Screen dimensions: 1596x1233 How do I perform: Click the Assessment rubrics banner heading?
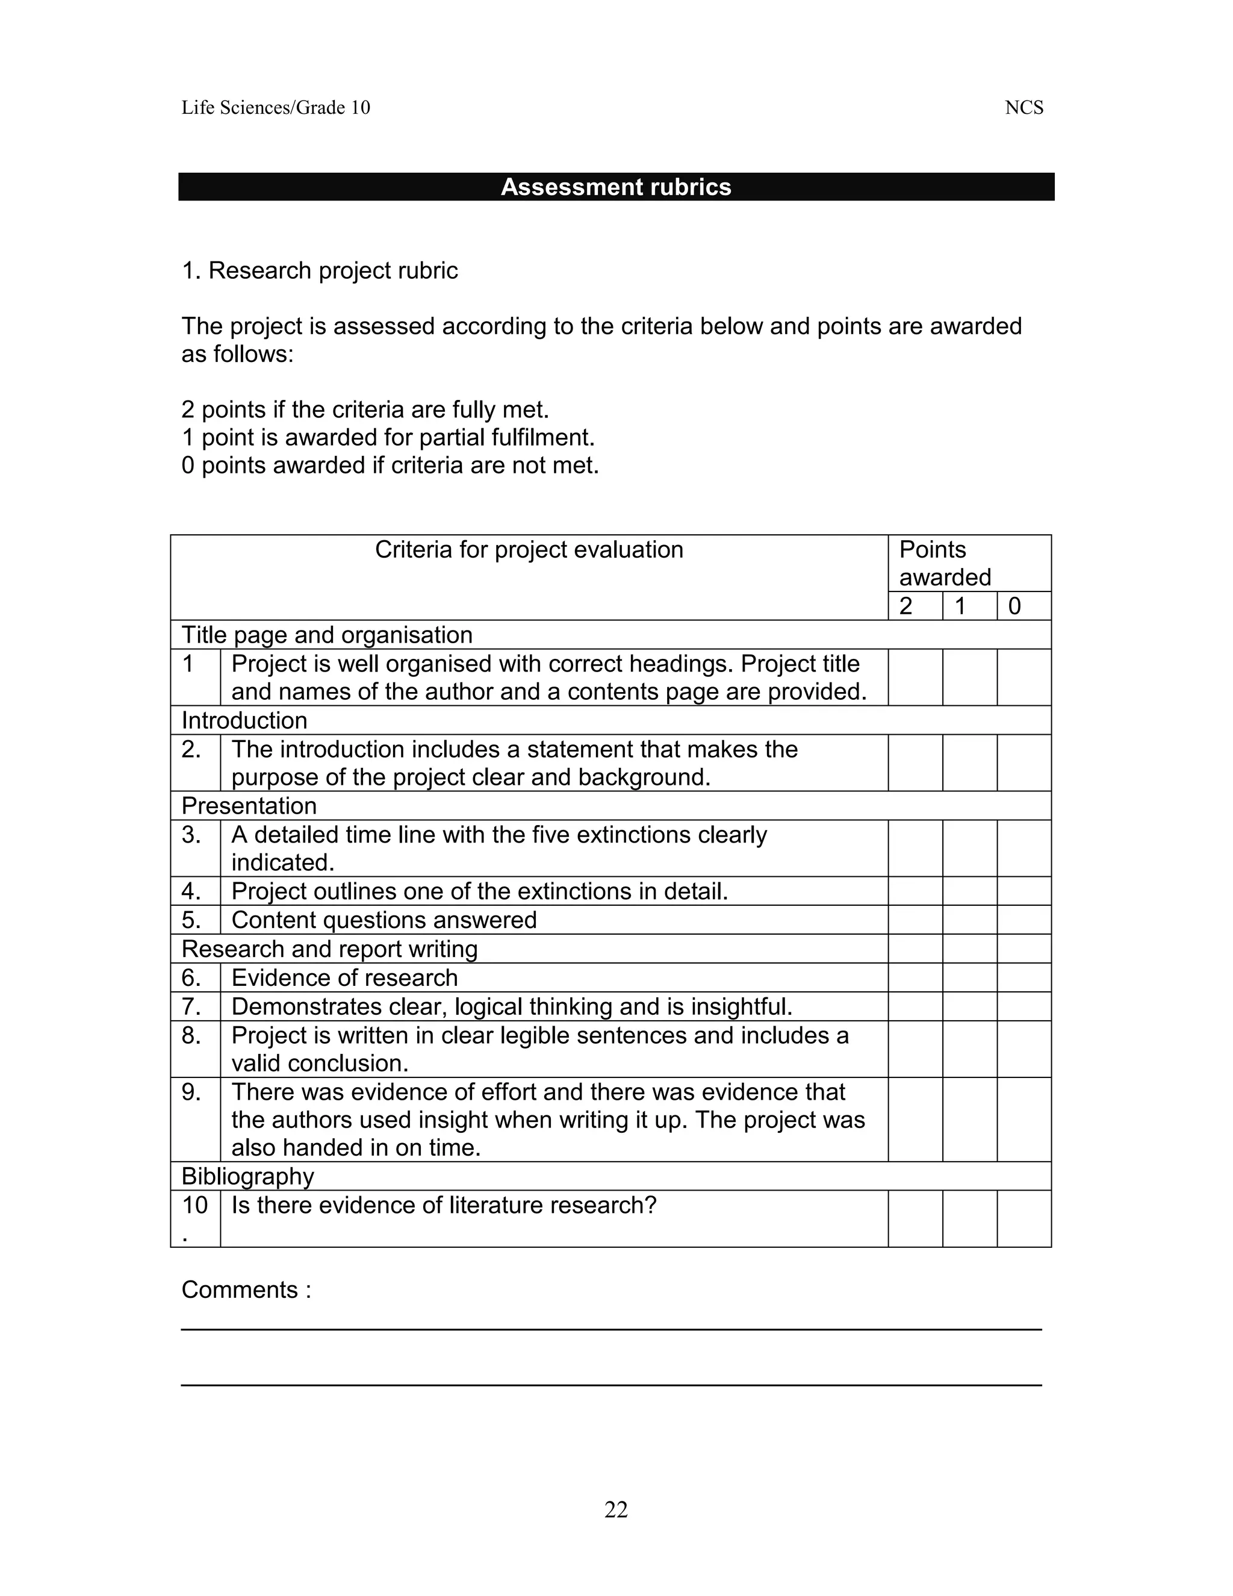click(616, 187)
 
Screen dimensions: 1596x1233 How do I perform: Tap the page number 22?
click(616, 1509)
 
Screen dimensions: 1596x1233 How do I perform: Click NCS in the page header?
click(1023, 108)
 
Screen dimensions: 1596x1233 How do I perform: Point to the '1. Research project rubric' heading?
click(319, 270)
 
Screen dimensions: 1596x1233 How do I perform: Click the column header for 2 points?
click(915, 606)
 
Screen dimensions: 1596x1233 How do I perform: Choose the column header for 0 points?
click(1023, 606)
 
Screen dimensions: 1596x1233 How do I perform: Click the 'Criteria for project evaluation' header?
click(529, 549)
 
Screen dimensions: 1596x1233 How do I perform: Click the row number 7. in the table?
click(191, 1006)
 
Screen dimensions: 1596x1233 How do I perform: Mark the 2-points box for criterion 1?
click(915, 677)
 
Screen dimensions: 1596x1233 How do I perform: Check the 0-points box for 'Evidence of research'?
click(1023, 977)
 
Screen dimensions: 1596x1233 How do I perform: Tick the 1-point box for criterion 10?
click(969, 1218)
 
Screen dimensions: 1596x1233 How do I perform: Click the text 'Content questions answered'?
click(384, 920)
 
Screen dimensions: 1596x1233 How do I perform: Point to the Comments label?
click(246, 1290)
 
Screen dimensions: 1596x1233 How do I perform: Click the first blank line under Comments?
click(610, 1329)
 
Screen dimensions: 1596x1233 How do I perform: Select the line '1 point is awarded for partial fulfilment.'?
click(388, 438)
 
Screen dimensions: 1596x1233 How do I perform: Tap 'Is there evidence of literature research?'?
click(443, 1205)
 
